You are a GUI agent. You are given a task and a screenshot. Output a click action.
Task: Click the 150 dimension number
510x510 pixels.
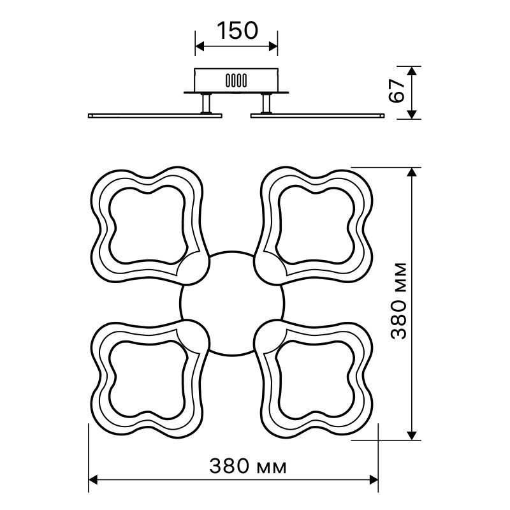coord(237,31)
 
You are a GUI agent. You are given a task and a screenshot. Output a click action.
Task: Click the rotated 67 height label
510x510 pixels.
coord(397,91)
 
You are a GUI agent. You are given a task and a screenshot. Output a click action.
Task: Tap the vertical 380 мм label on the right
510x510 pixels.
coord(398,301)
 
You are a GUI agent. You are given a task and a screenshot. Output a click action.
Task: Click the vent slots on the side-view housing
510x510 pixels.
coord(236,80)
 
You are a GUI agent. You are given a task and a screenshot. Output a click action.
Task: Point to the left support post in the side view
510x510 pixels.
coord(206,103)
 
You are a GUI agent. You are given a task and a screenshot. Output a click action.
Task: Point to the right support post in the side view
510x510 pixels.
coord(266,103)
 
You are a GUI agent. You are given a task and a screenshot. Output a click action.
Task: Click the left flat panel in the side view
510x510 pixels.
coord(155,115)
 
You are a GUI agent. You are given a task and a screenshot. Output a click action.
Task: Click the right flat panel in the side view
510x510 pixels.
coord(317,115)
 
